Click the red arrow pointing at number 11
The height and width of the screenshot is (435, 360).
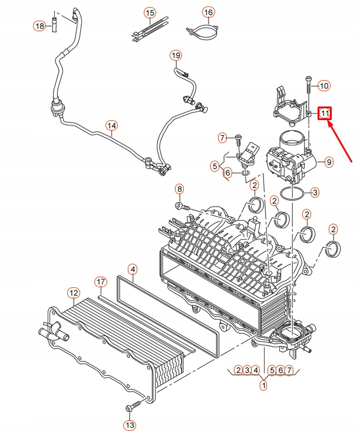(341, 141)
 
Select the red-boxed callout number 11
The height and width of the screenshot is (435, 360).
(325, 112)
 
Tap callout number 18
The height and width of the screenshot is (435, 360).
(39, 26)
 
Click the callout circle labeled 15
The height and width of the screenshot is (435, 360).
(150, 12)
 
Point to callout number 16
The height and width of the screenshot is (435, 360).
(208, 12)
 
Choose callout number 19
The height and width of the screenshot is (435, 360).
(175, 55)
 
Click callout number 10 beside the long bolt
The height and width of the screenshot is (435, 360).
(324, 86)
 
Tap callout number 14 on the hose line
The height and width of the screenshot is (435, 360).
(111, 125)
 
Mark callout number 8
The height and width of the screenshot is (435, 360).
(179, 189)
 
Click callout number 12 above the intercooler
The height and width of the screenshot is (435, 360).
(73, 292)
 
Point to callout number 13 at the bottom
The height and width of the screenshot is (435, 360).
(129, 424)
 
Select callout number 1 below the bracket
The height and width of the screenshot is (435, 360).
(263, 386)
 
